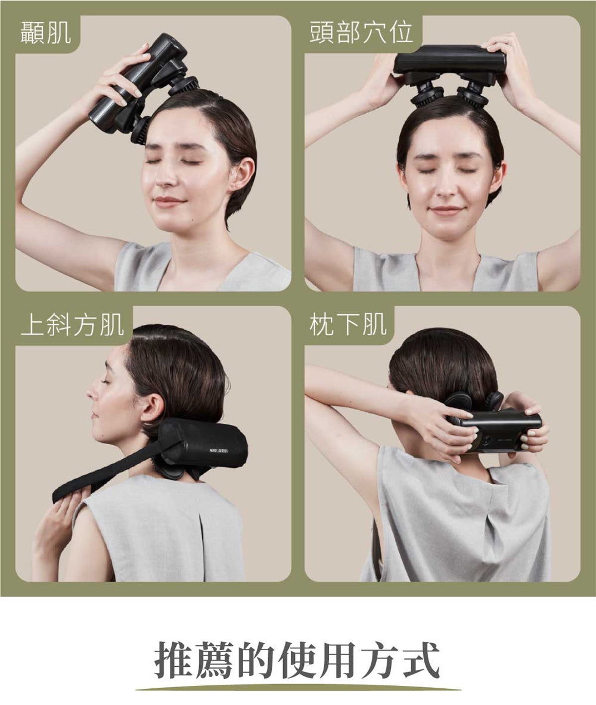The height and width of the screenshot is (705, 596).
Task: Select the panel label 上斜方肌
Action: click(x=72, y=325)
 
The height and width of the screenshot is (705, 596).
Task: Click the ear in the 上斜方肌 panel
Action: click(x=151, y=410)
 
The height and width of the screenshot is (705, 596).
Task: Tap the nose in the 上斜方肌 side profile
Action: click(x=92, y=393)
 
